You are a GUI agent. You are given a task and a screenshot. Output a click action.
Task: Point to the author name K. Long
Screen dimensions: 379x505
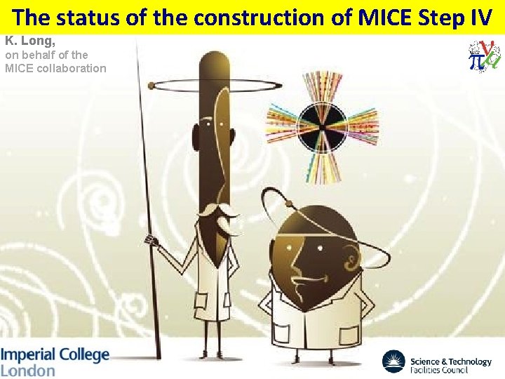coord(30,41)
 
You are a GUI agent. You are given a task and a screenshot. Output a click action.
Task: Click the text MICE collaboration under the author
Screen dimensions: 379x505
coord(55,68)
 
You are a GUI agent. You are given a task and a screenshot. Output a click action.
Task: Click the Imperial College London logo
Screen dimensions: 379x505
coord(55,361)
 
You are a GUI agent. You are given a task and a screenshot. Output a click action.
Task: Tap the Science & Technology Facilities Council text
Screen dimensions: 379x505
coord(451,364)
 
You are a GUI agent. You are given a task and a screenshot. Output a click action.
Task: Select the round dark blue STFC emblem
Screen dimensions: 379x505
coord(393,362)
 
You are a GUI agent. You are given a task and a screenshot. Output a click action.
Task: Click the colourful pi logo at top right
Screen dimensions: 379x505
coord(485,55)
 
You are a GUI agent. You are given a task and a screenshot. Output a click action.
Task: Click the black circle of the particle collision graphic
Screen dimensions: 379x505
coord(322,126)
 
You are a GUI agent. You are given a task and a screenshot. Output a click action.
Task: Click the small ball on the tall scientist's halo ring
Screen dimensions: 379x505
coord(151,86)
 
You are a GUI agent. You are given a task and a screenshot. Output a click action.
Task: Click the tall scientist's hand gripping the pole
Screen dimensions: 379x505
coord(149,240)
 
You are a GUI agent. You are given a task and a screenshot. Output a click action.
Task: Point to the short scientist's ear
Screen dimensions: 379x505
coord(349,263)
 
